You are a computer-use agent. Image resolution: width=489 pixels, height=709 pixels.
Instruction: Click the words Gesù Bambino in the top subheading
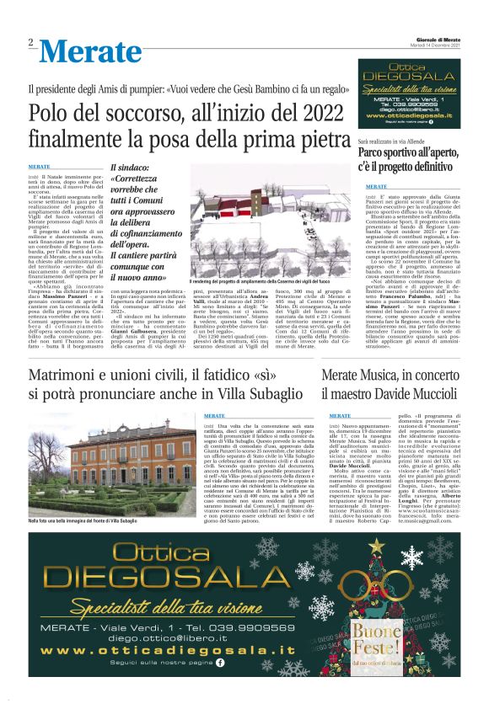241,88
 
